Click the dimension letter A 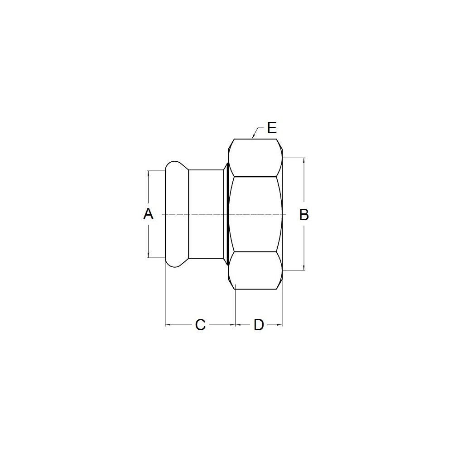tap(148, 214)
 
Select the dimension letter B tap(304, 215)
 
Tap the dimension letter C tap(200, 325)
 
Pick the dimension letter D tap(259, 325)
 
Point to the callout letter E tap(272, 128)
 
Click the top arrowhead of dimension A tap(148, 173)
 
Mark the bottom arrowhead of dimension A tap(148, 255)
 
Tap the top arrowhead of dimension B tap(304, 161)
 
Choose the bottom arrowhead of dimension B tap(304, 268)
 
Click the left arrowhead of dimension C tap(168, 325)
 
